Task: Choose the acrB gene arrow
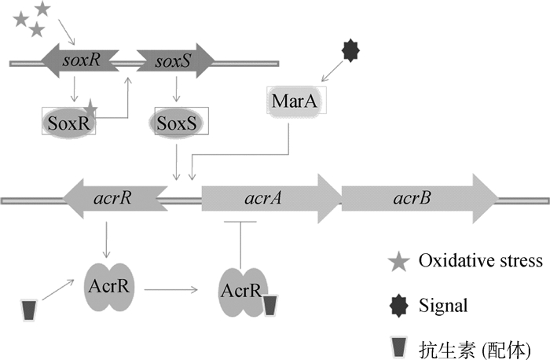(417, 197)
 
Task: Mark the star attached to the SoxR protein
(91, 108)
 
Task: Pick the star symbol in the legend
(399, 262)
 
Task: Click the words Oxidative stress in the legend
(480, 262)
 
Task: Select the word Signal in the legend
(442, 303)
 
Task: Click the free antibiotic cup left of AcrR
(29, 309)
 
